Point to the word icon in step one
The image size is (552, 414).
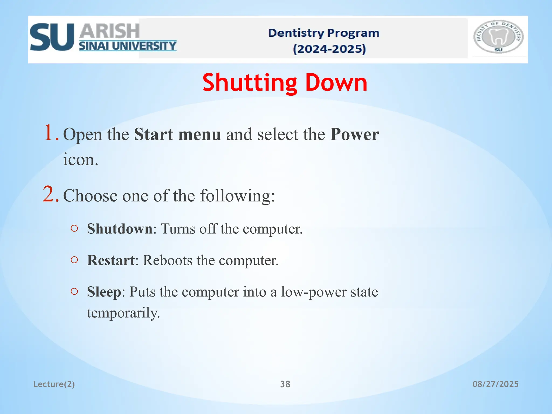(x=80, y=160)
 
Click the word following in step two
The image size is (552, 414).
(x=237, y=196)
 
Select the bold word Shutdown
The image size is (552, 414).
(x=120, y=229)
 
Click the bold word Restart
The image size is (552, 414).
(x=111, y=260)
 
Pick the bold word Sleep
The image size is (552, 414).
(x=104, y=292)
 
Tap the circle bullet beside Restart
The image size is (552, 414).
(x=74, y=260)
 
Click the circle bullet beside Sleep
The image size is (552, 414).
(x=74, y=291)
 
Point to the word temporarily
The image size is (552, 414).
(x=123, y=313)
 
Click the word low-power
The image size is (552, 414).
(x=314, y=292)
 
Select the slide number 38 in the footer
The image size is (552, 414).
(x=285, y=384)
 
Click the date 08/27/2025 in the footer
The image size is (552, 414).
(x=495, y=384)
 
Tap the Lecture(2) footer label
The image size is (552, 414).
(x=54, y=384)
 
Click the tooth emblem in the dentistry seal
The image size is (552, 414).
(x=498, y=37)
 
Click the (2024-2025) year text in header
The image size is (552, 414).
(x=329, y=49)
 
